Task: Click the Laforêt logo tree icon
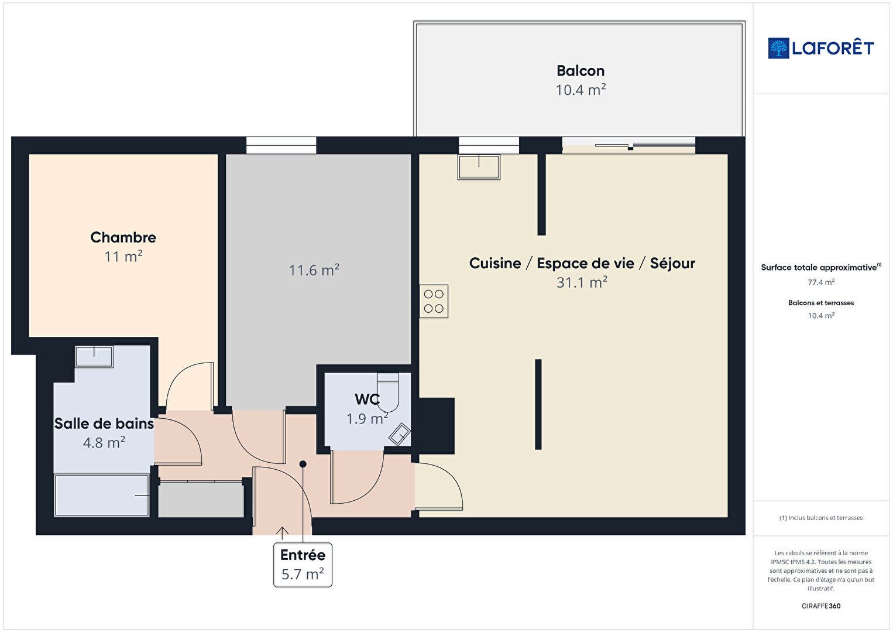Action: point(778,48)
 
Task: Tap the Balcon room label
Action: point(581,71)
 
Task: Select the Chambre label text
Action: point(123,237)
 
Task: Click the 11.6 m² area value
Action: point(314,270)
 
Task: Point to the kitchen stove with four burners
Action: point(434,301)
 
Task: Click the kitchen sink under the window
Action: point(479,167)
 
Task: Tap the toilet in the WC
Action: point(388,392)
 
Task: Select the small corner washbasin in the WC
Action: point(400,434)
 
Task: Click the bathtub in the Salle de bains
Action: point(102,495)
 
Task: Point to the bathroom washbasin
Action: point(94,357)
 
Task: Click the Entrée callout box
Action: point(303,565)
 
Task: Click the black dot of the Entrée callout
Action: point(303,464)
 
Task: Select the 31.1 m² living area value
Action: point(582,282)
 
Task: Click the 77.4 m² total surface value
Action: point(821,282)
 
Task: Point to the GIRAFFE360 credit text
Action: point(821,606)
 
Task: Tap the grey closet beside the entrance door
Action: point(201,500)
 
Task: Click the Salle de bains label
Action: point(104,423)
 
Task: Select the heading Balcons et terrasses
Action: point(821,303)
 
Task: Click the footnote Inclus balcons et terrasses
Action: point(821,518)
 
